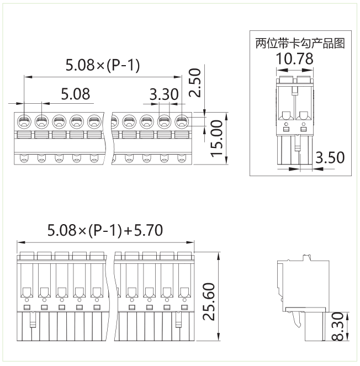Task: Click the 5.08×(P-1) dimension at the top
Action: (103, 66)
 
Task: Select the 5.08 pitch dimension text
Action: (76, 94)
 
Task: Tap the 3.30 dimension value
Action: (164, 94)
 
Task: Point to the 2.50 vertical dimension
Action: (194, 83)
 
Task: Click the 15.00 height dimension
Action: (219, 137)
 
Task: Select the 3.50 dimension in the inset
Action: (330, 157)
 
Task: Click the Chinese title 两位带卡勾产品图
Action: (300, 43)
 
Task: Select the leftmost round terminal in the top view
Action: (25, 121)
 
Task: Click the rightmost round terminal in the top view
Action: (181, 121)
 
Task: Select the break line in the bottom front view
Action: (116, 298)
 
